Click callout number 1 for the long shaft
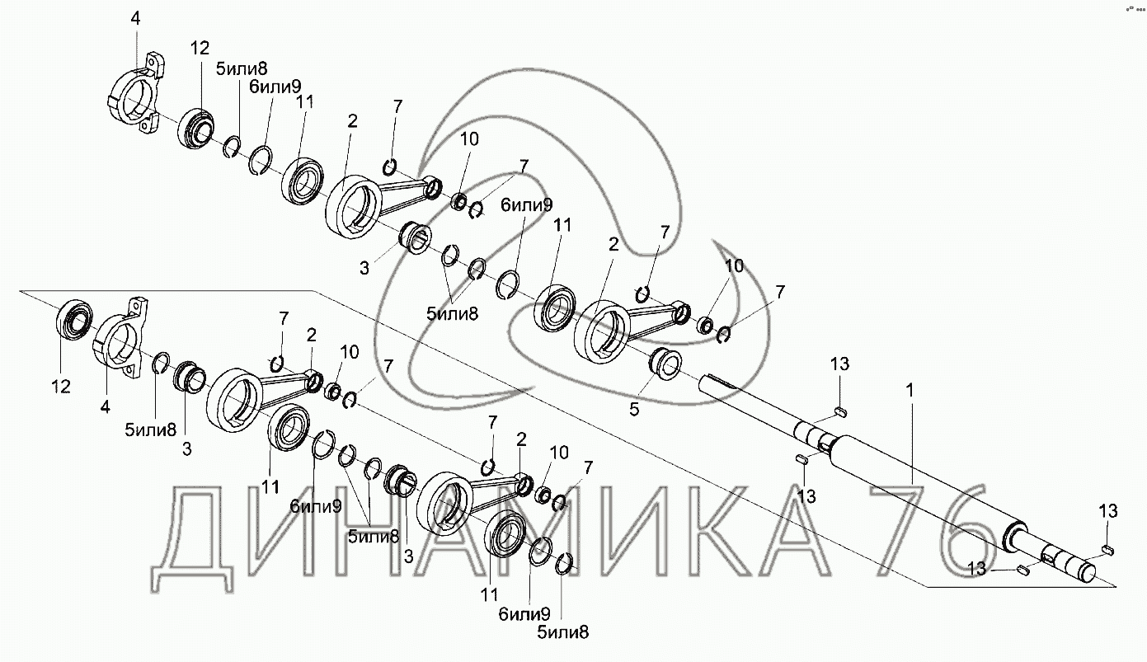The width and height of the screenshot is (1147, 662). pyautogui.click(x=910, y=391)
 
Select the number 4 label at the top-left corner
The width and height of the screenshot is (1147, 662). pyautogui.click(x=135, y=18)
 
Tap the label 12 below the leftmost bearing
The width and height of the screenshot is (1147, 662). pyautogui.click(x=61, y=387)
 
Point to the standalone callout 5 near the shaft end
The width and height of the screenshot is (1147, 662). pyautogui.click(x=634, y=409)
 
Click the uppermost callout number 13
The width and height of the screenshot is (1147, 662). pyautogui.click(x=839, y=364)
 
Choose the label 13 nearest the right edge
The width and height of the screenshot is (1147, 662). pyautogui.click(x=1108, y=511)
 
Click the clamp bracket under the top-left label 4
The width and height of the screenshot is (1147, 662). pyautogui.click(x=137, y=94)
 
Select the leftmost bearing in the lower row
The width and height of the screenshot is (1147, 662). pyautogui.click(x=73, y=320)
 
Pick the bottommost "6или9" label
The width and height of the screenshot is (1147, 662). pyautogui.click(x=524, y=614)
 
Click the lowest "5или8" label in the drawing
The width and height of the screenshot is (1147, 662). pyautogui.click(x=562, y=633)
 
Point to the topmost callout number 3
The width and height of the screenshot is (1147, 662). pyautogui.click(x=364, y=268)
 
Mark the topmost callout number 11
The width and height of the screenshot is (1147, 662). pyautogui.click(x=304, y=101)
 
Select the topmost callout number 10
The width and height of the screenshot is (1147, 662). pyautogui.click(x=469, y=139)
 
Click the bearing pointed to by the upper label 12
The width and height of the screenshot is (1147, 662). pyautogui.click(x=195, y=129)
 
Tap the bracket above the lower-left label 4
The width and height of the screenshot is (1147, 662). pyautogui.click(x=121, y=338)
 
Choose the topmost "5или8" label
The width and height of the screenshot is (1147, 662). pyautogui.click(x=241, y=68)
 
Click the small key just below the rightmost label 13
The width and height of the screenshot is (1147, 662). pyautogui.click(x=1108, y=551)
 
